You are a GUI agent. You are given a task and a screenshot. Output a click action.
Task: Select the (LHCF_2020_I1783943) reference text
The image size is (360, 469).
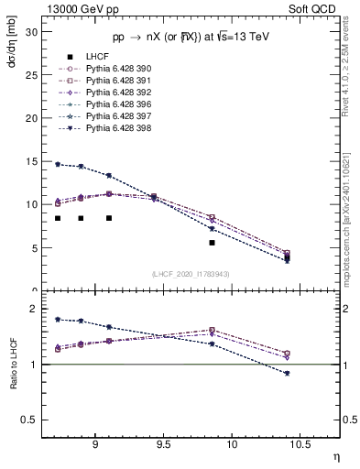click(x=191, y=273)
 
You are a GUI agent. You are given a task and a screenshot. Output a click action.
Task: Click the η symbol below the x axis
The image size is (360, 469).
click(x=334, y=455)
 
